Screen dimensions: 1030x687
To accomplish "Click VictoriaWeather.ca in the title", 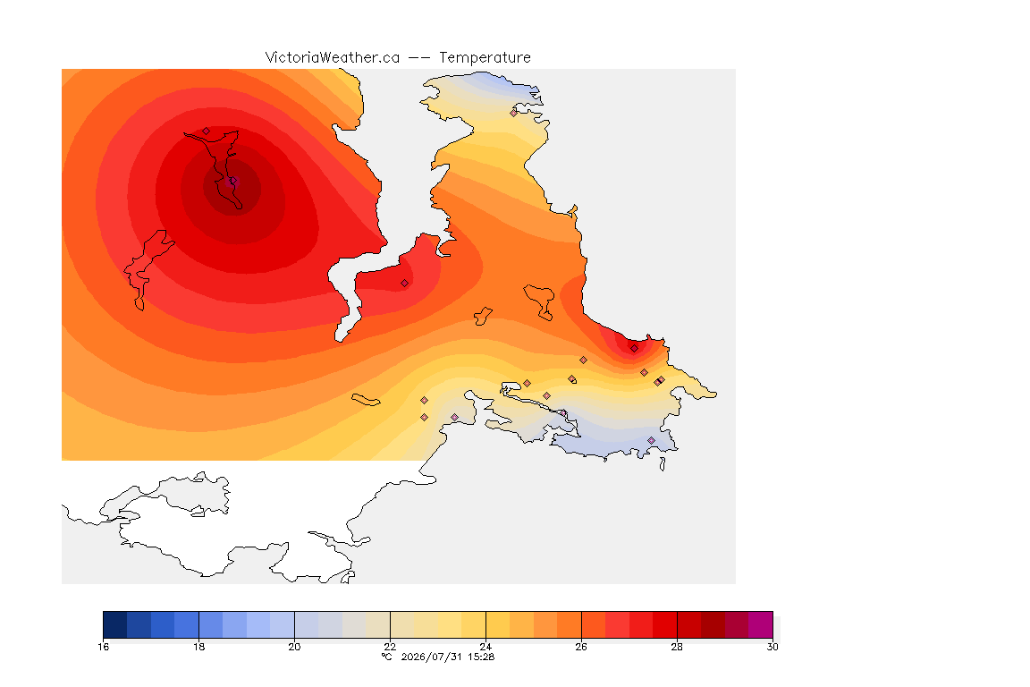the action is click(333, 58).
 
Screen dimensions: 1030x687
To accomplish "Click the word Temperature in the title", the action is click(485, 58).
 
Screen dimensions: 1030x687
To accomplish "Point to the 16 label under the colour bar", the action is click(103, 647).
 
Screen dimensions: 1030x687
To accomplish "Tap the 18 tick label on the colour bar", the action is click(199, 647).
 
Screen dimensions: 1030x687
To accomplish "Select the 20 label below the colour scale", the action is click(294, 647).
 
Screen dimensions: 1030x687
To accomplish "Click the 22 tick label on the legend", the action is click(390, 647).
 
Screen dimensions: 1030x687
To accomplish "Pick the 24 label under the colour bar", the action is click(485, 647).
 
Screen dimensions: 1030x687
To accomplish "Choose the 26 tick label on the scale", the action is click(581, 647).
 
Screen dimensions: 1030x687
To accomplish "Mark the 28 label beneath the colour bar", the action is click(677, 647).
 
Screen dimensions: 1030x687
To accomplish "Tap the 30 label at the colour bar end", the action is click(772, 647).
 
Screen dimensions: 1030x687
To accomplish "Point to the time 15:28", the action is click(481, 657).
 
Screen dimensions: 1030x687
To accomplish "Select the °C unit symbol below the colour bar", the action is click(387, 657).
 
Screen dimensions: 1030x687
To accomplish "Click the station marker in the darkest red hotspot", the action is click(232, 181).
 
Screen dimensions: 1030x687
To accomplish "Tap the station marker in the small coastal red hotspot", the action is click(634, 349).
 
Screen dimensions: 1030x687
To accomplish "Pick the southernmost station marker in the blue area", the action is click(651, 440).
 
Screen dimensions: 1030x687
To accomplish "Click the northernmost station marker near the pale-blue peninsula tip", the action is click(514, 113).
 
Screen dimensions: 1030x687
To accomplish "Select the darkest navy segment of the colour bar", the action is click(115, 624).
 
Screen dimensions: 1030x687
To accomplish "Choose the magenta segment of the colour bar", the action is click(761, 624).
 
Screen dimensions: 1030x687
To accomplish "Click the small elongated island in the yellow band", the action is click(366, 400).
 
